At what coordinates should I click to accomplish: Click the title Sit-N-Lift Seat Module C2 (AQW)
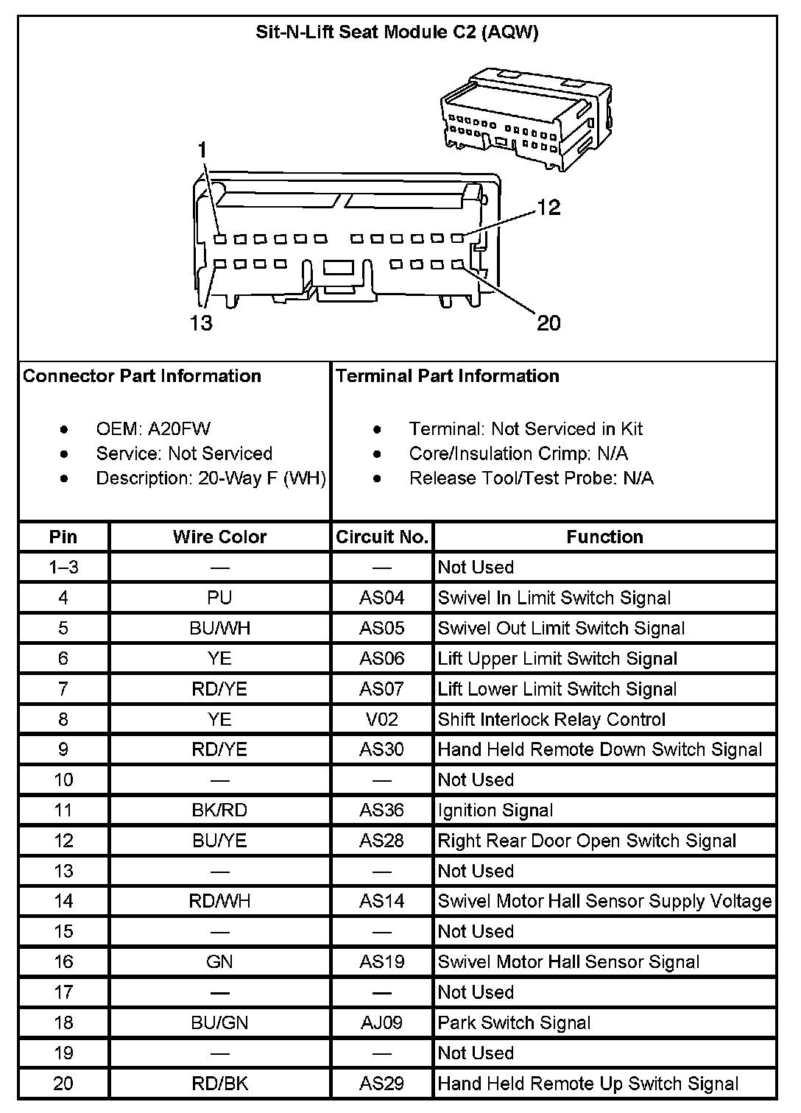point(397,32)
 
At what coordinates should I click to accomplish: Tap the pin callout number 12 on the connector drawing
point(548,208)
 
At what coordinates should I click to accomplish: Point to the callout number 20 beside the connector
point(548,322)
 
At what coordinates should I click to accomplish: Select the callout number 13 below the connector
point(200,322)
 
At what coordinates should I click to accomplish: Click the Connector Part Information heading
point(142,376)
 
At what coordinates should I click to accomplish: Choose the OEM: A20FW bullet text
point(153,429)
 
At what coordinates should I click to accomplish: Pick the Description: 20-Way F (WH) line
point(211,478)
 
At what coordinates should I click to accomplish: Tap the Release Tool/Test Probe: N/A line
point(531,478)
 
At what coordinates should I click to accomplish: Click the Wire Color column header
point(219,537)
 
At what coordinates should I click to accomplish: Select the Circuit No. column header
point(382,537)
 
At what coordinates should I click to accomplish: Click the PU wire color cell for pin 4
point(219,598)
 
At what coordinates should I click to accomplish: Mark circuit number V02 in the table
point(382,719)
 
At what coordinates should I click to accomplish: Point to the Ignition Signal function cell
point(495,810)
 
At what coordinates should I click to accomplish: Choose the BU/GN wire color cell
point(219,1022)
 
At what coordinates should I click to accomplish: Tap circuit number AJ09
point(382,1022)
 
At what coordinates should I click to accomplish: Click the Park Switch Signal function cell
point(514,1022)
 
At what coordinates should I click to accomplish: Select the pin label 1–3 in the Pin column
point(63,568)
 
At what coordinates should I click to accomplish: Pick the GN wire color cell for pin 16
point(219,962)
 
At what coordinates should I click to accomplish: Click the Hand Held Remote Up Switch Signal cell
point(588,1084)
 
